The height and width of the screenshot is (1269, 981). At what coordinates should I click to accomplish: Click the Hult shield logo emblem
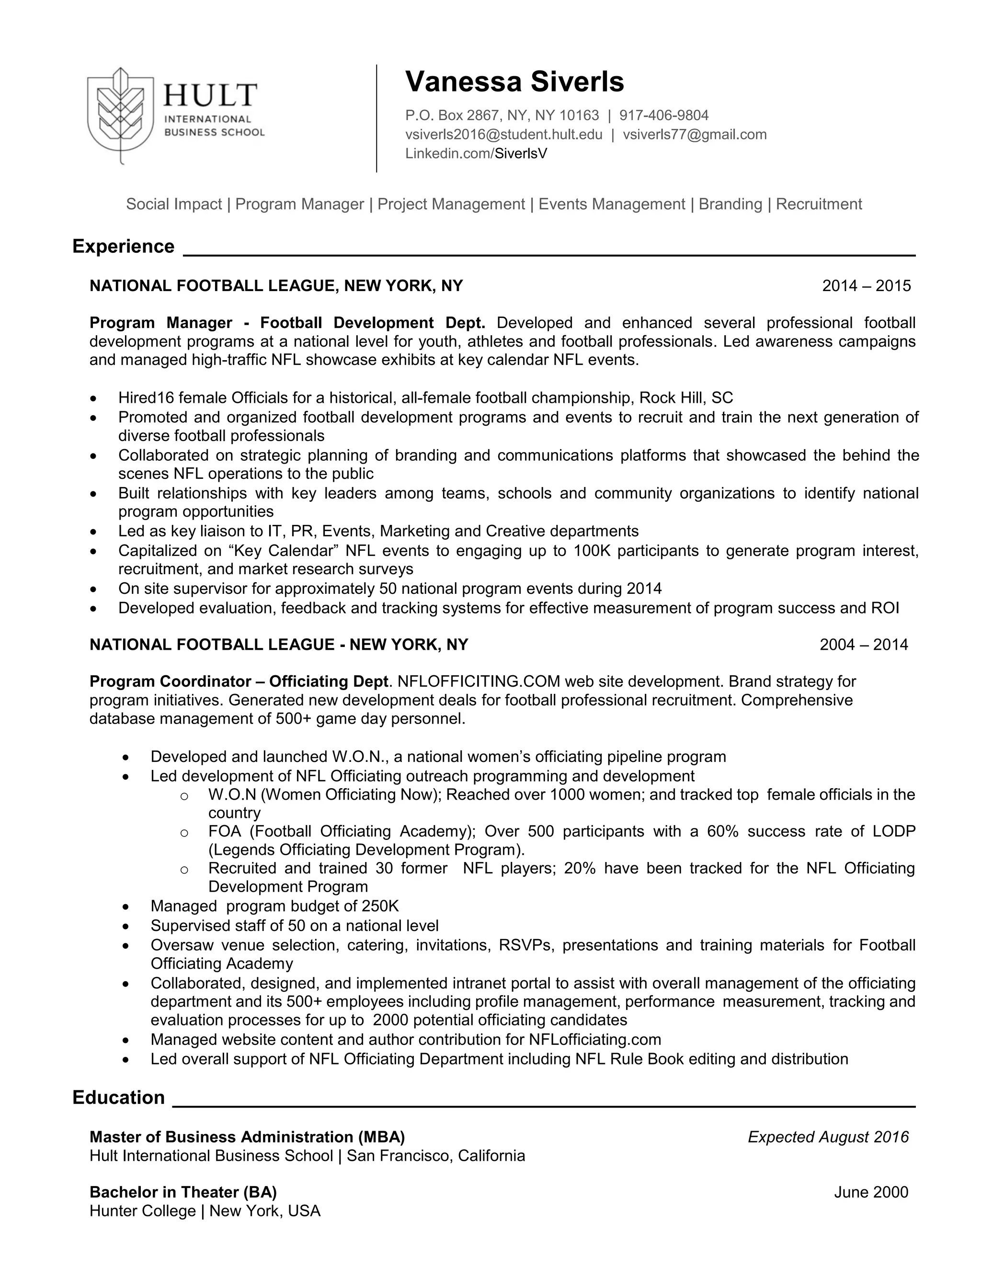click(x=120, y=112)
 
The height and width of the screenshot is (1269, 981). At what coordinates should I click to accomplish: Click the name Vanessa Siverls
click(x=514, y=81)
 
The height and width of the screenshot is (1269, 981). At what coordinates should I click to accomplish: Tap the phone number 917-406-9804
click(x=664, y=115)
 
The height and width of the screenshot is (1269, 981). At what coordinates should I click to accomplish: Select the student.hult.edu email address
click(x=503, y=134)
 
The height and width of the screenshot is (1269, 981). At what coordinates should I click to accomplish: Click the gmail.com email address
click(x=695, y=134)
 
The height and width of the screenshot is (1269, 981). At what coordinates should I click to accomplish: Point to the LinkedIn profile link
click(x=476, y=153)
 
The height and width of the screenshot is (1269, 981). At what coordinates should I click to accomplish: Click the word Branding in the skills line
click(x=730, y=204)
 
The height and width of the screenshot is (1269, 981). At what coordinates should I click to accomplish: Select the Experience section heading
click(x=123, y=246)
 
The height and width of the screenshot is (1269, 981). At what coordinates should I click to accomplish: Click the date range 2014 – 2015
click(x=866, y=285)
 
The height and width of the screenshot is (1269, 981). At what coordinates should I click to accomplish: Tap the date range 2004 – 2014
click(x=864, y=645)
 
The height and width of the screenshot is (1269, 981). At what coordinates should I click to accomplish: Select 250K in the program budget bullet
click(x=380, y=906)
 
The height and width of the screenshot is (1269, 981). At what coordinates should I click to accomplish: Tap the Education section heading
click(x=119, y=1097)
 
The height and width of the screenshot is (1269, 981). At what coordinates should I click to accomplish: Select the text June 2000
click(x=870, y=1192)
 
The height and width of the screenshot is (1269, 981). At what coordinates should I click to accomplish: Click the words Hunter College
click(x=142, y=1211)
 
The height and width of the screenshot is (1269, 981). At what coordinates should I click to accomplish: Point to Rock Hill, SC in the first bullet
click(x=686, y=397)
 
